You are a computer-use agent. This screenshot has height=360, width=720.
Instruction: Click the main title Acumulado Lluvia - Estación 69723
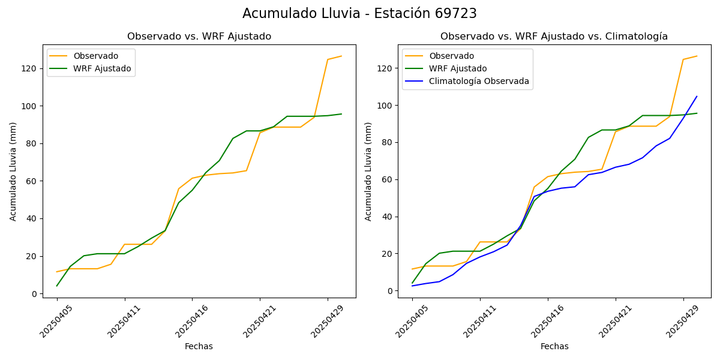pos(359,13)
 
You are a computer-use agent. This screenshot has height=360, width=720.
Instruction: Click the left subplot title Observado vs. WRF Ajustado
pos(199,37)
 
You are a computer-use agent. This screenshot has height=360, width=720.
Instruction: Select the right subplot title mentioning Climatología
pos(554,37)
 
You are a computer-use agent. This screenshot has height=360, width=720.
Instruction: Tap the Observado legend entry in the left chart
pos(95,56)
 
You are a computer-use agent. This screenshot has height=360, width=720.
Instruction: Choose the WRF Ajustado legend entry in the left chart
pos(102,68)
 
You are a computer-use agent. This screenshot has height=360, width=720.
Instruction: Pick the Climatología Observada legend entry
pos(479,81)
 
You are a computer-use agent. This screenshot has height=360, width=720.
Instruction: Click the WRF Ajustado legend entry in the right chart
pos(458,68)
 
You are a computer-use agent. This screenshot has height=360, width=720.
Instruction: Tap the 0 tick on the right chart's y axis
pos(389,291)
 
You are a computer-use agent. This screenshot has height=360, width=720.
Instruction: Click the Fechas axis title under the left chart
pos(199,346)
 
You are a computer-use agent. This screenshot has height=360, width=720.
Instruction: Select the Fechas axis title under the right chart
pos(554,346)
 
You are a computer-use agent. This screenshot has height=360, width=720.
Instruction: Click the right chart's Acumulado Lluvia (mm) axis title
pos(369,172)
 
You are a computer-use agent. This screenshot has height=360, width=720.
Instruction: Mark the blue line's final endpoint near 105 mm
pos(697,96)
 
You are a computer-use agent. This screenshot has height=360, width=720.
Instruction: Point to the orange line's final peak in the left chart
pos(341,56)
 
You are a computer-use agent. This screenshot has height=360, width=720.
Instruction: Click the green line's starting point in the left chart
pos(57,286)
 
